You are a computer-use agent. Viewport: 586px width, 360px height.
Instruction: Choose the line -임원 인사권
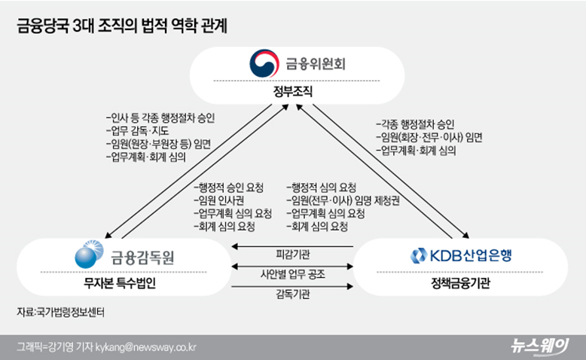(x=218, y=200)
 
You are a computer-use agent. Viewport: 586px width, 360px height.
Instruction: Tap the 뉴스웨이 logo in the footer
(x=542, y=346)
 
